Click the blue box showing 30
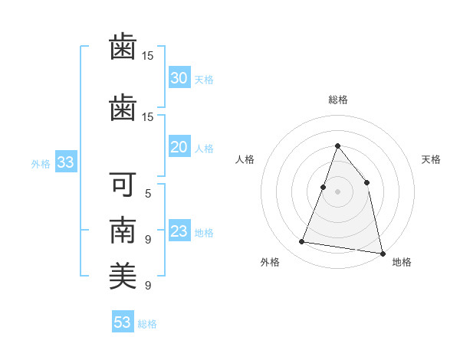pyautogui.click(x=179, y=78)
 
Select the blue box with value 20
pyautogui.click(x=179, y=147)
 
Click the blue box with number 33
pyautogui.click(x=64, y=162)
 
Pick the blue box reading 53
pyautogui.click(x=123, y=322)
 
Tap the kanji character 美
pyautogui.click(x=123, y=275)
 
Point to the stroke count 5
pyautogui.click(x=148, y=193)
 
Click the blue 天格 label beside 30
pyautogui.click(x=204, y=80)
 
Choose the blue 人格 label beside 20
pyautogui.click(x=204, y=149)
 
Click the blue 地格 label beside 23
pyautogui.click(x=204, y=233)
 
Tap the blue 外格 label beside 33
pyautogui.click(x=41, y=163)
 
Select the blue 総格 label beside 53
pyautogui.click(x=147, y=324)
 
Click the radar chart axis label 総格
pyautogui.click(x=337, y=100)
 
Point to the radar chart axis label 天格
pyautogui.click(x=432, y=159)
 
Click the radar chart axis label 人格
pyautogui.click(x=245, y=159)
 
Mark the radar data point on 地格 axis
pyautogui.click(x=382, y=252)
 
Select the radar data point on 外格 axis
pyautogui.click(x=302, y=242)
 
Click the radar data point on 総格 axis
pyautogui.click(x=337, y=146)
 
